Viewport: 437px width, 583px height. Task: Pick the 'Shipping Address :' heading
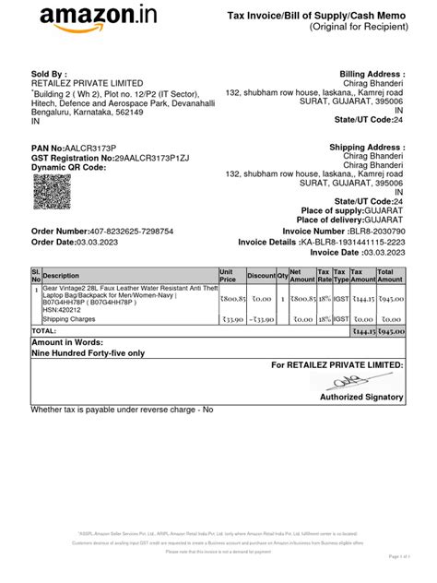pyautogui.click(x=366, y=148)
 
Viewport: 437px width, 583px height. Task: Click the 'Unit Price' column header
pyautogui.click(x=230, y=275)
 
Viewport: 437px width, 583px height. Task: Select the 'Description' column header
pyautogui.click(x=62, y=276)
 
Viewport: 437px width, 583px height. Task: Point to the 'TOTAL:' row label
pyautogui.click(x=44, y=329)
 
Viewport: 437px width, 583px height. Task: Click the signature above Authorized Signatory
pyautogui.click(x=371, y=381)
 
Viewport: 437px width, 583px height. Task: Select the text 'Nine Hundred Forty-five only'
pyautogui.click(x=88, y=352)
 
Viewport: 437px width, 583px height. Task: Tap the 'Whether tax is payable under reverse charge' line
pyautogui.click(x=122, y=409)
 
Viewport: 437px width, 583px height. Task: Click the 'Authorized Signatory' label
pyautogui.click(x=361, y=397)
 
